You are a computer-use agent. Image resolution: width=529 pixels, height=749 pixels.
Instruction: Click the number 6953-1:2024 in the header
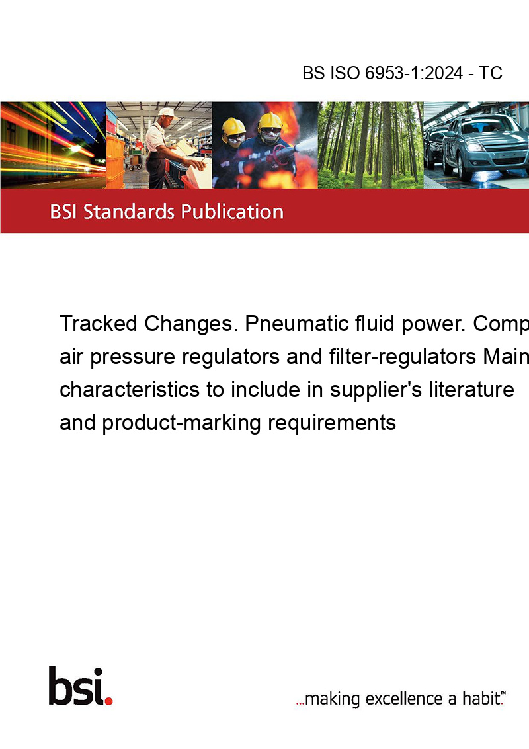(413, 73)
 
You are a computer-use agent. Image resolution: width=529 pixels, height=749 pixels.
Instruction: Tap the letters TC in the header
(491, 73)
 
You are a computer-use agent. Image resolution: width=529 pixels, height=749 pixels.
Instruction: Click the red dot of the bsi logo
(108, 701)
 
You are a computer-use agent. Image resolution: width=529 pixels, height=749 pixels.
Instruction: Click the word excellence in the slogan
(404, 699)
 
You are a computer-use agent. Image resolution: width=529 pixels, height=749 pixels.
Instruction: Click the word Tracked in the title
(99, 324)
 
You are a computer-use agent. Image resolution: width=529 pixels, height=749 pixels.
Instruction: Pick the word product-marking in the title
(181, 423)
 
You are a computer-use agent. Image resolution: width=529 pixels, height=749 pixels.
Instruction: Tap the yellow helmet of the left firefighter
(233, 126)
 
